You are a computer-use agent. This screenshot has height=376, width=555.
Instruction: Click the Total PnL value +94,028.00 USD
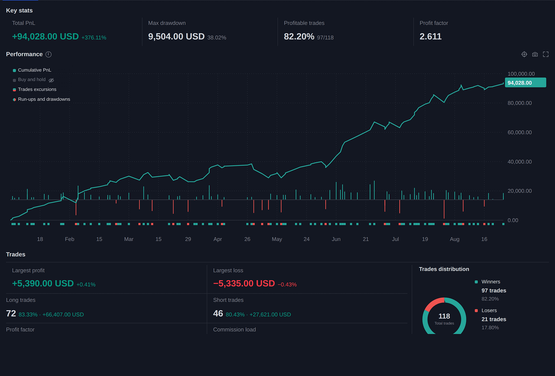(x=45, y=37)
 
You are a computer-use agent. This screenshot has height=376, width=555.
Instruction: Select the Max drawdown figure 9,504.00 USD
(x=176, y=37)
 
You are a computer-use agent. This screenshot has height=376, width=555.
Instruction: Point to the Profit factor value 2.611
(x=430, y=37)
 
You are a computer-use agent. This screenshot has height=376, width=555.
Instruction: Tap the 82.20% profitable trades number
(x=299, y=37)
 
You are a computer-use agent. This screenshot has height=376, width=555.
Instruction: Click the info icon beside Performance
(x=49, y=54)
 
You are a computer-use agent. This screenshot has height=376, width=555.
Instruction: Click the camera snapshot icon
(x=535, y=54)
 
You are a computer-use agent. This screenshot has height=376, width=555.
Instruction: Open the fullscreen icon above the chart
(x=546, y=54)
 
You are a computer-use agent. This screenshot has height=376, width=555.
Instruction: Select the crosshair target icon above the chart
(x=524, y=54)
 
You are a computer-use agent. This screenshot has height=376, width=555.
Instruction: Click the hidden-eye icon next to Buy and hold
(x=51, y=80)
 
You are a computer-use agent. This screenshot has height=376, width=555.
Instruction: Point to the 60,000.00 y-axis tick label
(x=519, y=132)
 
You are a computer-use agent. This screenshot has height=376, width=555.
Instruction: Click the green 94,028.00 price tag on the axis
(x=525, y=83)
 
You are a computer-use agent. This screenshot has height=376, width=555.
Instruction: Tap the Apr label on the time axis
(x=218, y=239)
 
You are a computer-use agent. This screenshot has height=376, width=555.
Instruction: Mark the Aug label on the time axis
(x=454, y=239)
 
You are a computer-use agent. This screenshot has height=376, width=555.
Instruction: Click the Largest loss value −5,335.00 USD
(x=244, y=284)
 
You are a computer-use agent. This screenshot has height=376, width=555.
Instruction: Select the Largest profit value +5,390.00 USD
(x=43, y=284)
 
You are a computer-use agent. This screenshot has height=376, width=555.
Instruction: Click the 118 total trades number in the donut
(x=444, y=316)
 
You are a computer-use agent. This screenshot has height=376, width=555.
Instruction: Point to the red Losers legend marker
(x=476, y=310)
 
